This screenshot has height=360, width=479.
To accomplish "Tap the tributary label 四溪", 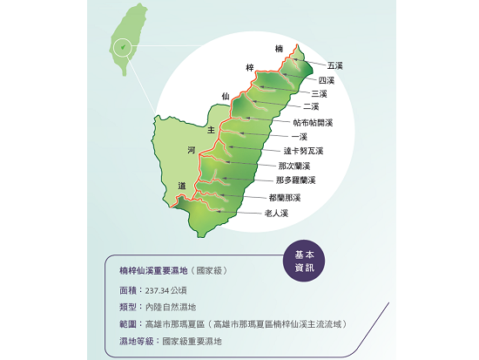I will [x=327, y=80].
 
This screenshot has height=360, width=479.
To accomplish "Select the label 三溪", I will [x=319, y=93].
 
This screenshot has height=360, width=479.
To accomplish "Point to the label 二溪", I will [x=311, y=106].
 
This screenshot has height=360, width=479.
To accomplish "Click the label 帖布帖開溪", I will [x=314, y=123].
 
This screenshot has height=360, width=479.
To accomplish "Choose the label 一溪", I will [x=300, y=137].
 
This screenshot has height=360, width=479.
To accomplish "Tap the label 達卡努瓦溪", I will [x=304, y=152].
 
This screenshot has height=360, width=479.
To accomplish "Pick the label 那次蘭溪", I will [x=294, y=166].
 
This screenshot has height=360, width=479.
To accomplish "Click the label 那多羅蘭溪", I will [x=295, y=180].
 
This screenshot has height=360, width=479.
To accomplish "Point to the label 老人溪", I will [x=276, y=213].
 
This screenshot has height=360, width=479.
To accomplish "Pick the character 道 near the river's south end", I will [x=181, y=186].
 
